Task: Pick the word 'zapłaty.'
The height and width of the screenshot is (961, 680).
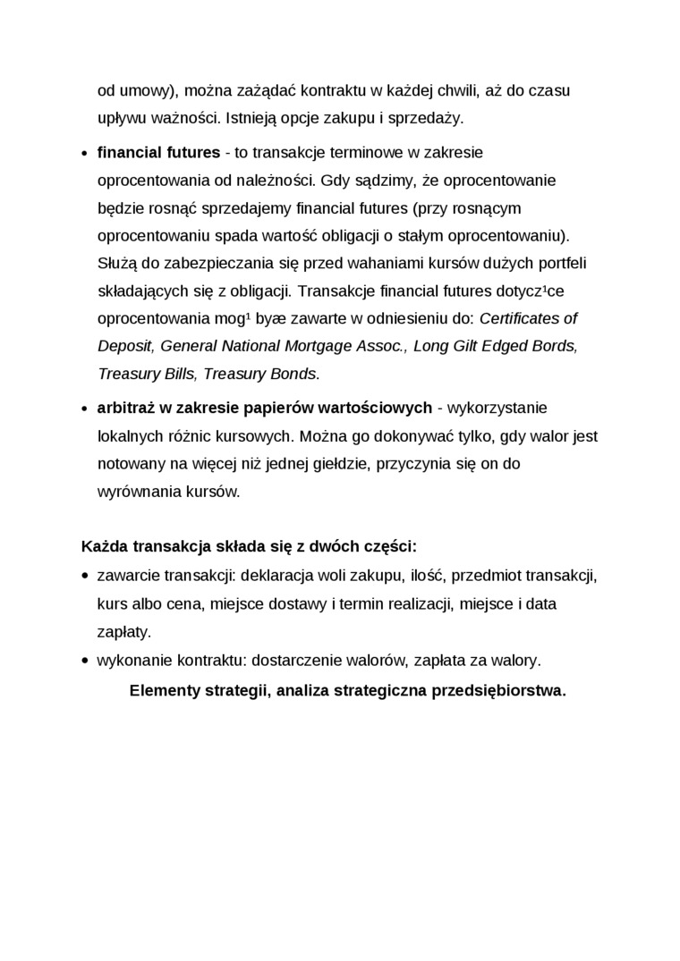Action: pos(124,631)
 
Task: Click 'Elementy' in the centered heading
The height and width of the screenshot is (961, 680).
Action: pos(163,691)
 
